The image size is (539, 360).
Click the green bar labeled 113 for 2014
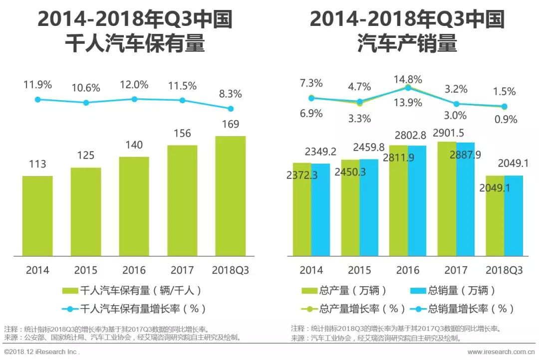point(37,215)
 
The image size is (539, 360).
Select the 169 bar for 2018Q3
point(231,195)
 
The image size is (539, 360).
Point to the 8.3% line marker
point(231,109)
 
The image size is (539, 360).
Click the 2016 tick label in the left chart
point(134,270)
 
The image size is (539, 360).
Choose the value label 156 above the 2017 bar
point(183,134)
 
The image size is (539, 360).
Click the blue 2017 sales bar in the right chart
point(465,199)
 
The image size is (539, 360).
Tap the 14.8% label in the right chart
point(408,79)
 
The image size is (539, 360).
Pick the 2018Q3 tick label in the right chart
point(504,270)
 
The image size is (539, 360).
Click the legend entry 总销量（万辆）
point(454,291)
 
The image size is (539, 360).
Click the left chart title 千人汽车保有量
point(135,44)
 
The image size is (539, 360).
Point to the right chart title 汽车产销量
point(407,44)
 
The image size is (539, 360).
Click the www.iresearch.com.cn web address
point(501,352)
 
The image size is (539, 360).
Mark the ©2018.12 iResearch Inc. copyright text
point(42,352)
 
